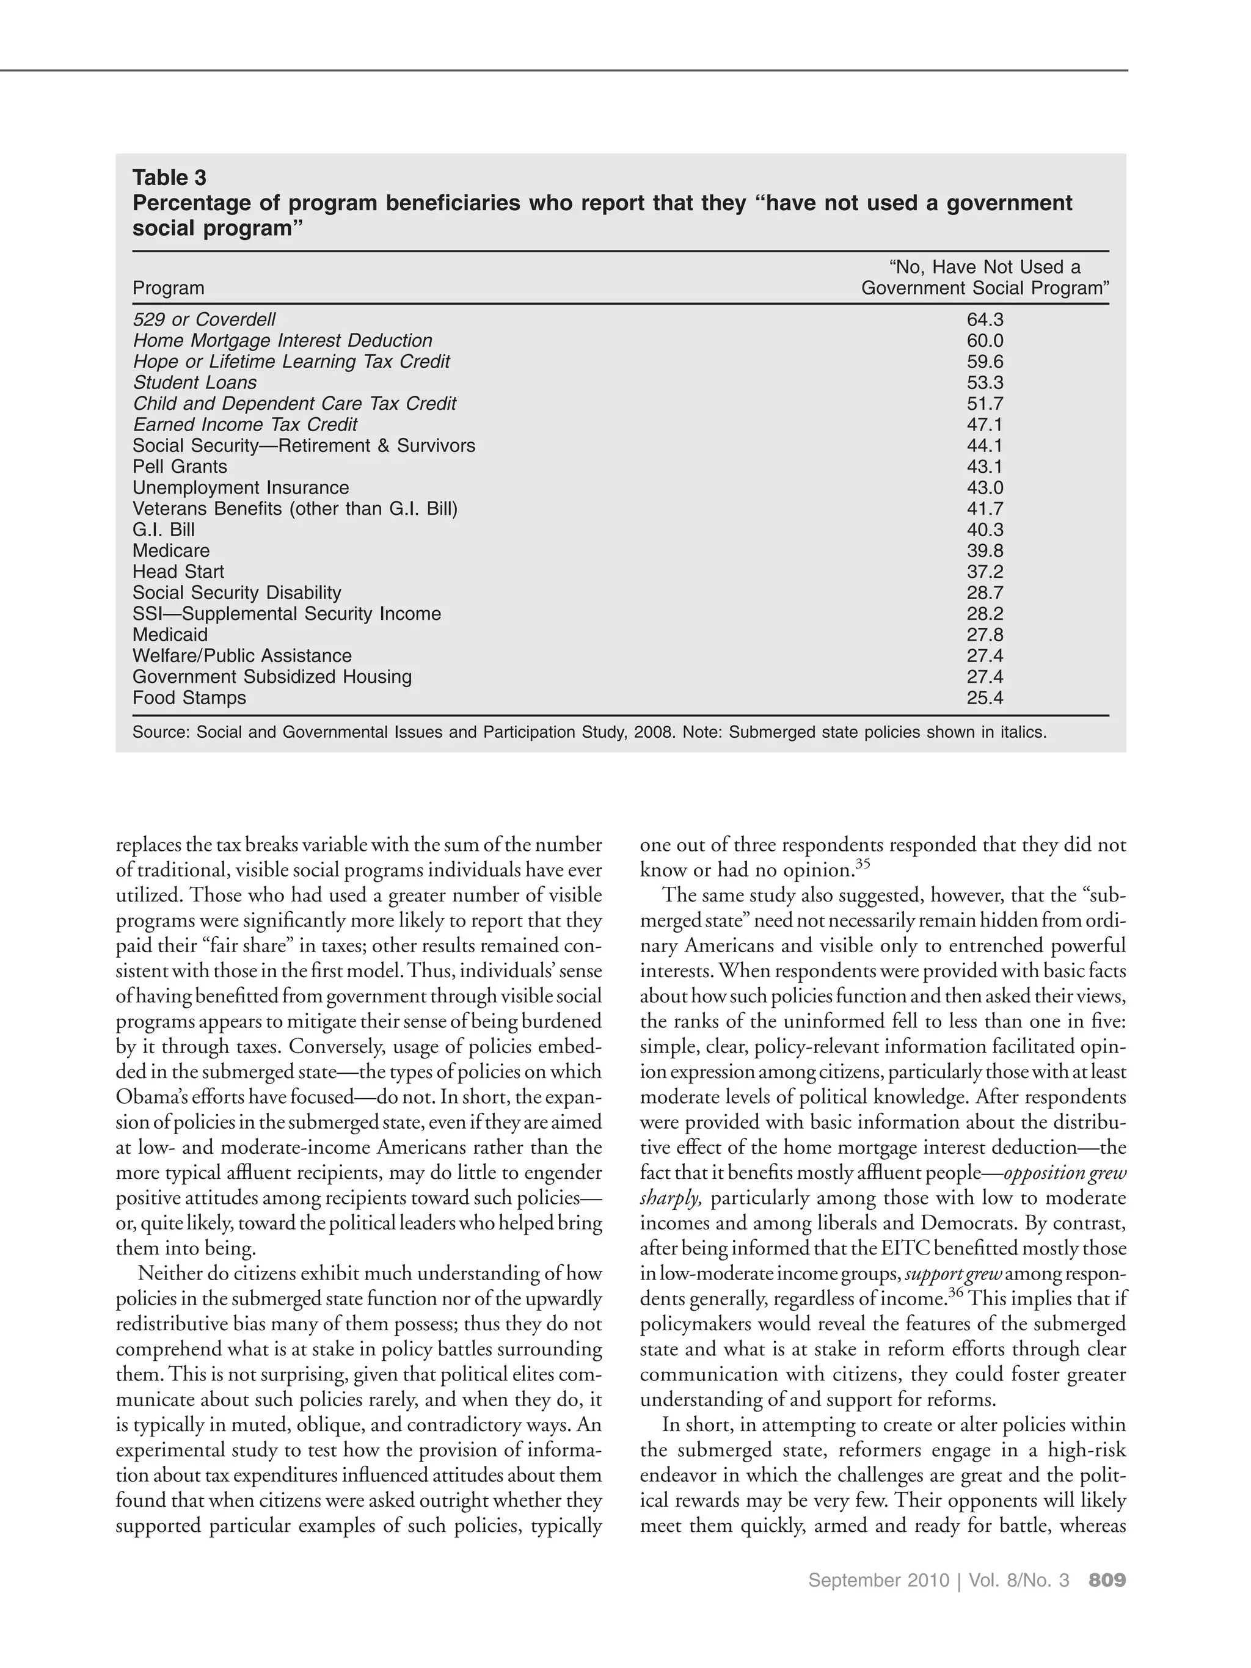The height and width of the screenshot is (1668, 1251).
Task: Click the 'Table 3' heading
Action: pyautogui.click(x=169, y=178)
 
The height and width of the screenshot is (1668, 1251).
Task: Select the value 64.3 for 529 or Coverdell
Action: pyautogui.click(x=984, y=319)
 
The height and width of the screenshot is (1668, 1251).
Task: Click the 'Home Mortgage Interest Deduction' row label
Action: pyautogui.click(x=282, y=341)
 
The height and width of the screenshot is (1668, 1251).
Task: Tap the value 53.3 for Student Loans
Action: pyautogui.click(x=984, y=383)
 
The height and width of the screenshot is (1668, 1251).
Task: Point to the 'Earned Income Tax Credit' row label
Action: pyautogui.click(x=244, y=425)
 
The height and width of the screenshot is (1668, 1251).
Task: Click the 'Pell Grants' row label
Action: pyautogui.click(x=180, y=467)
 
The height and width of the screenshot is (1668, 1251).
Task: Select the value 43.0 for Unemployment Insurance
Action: pyautogui.click(x=984, y=488)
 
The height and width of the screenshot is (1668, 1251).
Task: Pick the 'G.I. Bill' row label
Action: pyautogui.click(x=163, y=530)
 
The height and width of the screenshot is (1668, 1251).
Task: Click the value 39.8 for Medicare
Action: pyautogui.click(x=984, y=552)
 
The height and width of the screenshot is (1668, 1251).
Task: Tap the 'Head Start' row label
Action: pyautogui.click(x=178, y=572)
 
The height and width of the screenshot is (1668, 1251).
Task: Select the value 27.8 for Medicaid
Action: pyautogui.click(x=984, y=635)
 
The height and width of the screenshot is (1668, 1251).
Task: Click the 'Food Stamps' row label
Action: pyautogui.click(x=189, y=698)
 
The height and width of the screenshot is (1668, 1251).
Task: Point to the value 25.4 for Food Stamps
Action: pyautogui.click(x=984, y=698)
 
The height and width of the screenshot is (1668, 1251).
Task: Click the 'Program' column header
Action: pyautogui.click(x=168, y=288)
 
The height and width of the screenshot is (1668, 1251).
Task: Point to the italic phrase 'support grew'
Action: pyautogui.click(x=952, y=1275)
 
